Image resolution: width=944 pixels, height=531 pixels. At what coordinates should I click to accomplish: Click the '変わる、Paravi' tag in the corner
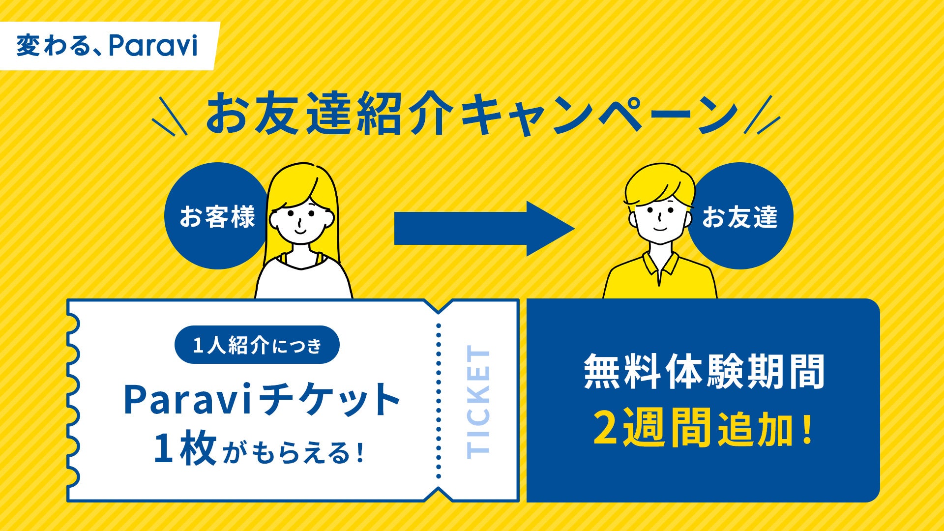click(107, 46)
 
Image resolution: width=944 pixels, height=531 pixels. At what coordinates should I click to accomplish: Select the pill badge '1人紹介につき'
click(257, 345)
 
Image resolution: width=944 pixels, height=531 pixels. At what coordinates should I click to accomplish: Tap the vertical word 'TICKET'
click(478, 401)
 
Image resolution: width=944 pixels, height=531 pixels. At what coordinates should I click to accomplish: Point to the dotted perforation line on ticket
click(439, 401)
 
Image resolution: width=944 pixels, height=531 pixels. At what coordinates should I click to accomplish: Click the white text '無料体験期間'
click(704, 372)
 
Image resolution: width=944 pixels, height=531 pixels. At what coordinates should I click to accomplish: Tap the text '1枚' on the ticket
click(184, 449)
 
